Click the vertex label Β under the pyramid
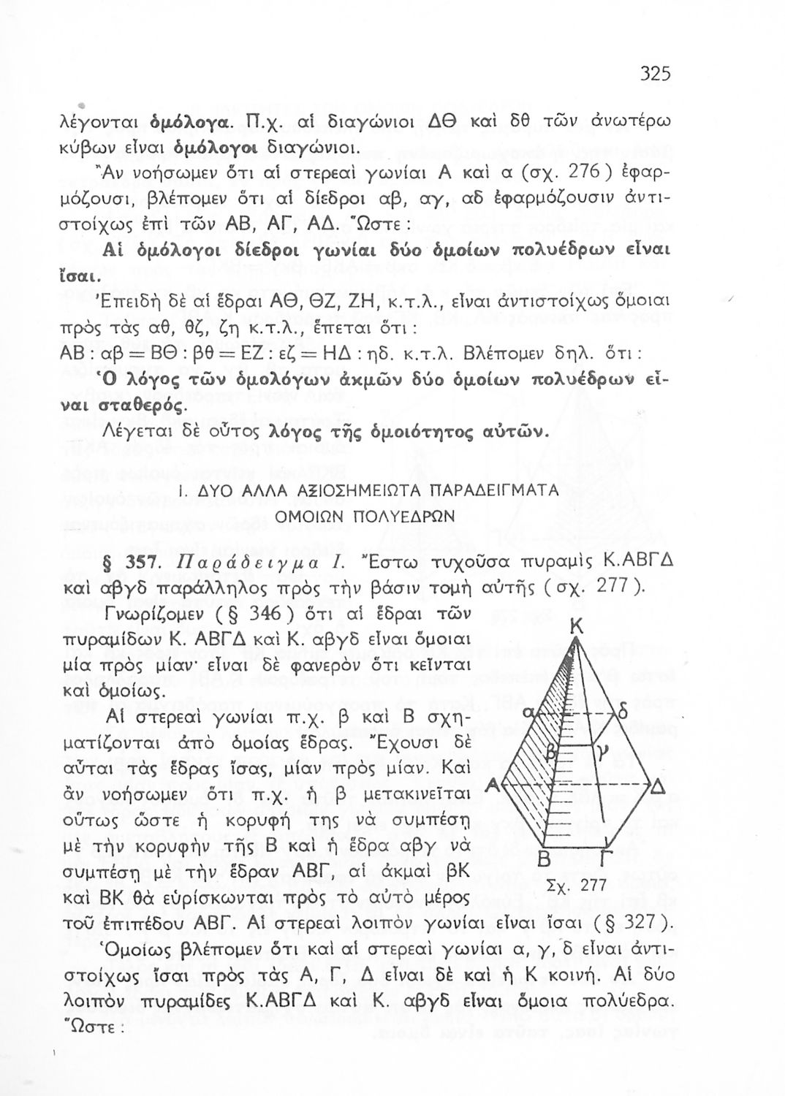pos(542,859)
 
